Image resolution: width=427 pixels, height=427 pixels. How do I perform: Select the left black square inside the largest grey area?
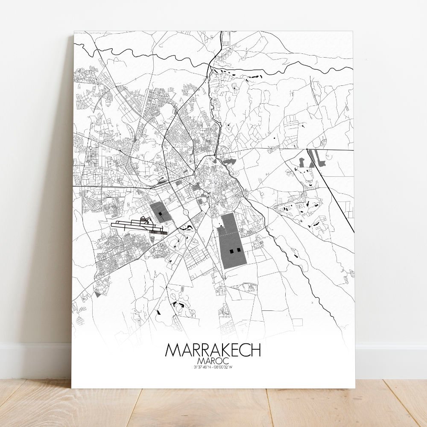(232, 251)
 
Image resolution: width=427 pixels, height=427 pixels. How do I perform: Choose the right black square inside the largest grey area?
(238, 250)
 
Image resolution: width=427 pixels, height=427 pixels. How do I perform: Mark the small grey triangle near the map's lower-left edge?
(99, 294)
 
